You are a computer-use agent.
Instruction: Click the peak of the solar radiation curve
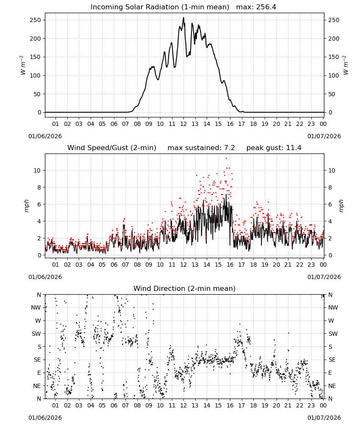(x=184, y=18)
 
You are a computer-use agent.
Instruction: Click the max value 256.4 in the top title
(x=266, y=7)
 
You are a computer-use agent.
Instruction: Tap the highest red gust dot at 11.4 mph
(x=226, y=159)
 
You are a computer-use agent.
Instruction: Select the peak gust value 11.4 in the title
(x=294, y=148)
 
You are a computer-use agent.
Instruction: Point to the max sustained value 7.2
(x=230, y=148)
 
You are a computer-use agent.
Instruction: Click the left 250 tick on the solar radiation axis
(x=36, y=20)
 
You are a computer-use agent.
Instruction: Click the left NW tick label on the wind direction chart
(x=36, y=308)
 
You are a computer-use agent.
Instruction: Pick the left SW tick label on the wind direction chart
(x=36, y=334)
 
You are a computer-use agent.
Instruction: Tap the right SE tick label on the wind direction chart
(x=332, y=360)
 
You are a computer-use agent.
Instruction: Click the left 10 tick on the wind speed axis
(x=37, y=170)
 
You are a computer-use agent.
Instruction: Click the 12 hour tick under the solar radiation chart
(x=184, y=124)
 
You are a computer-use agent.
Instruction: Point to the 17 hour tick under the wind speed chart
(x=241, y=265)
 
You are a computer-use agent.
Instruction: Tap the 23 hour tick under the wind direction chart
(x=311, y=406)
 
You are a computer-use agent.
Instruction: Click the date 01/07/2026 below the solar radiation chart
(x=324, y=136)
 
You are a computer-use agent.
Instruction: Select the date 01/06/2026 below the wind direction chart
(x=45, y=418)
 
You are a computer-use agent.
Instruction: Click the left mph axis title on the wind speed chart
(x=26, y=206)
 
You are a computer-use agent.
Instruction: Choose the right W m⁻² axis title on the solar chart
(x=346, y=65)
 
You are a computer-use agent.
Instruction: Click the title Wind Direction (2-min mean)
(x=185, y=289)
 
